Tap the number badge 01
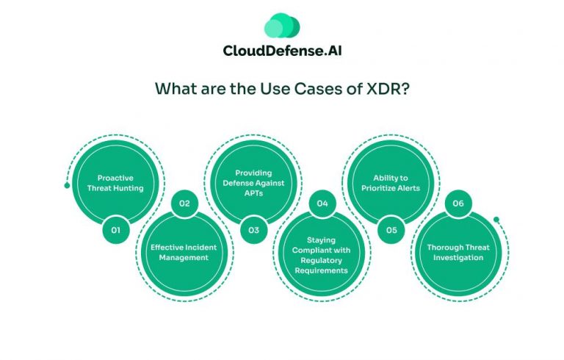[115, 230]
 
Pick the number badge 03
[253, 230]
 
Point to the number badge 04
[321, 203]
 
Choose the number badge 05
[391, 230]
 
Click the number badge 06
[458, 203]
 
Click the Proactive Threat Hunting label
[115, 182]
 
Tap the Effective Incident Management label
[184, 252]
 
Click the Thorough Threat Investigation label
[458, 252]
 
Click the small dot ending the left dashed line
[67, 185]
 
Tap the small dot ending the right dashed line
[496, 219]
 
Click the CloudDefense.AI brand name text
[282, 50]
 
